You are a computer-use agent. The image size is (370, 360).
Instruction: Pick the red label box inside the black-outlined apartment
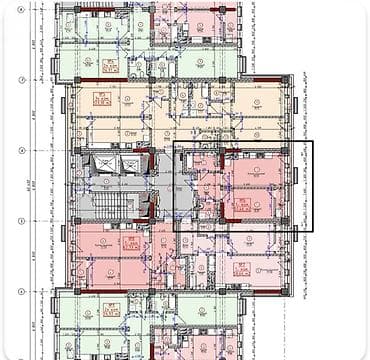242,206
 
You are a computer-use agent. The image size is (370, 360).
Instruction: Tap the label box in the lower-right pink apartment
240,267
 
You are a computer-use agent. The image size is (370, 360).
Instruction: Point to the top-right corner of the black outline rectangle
312,142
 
